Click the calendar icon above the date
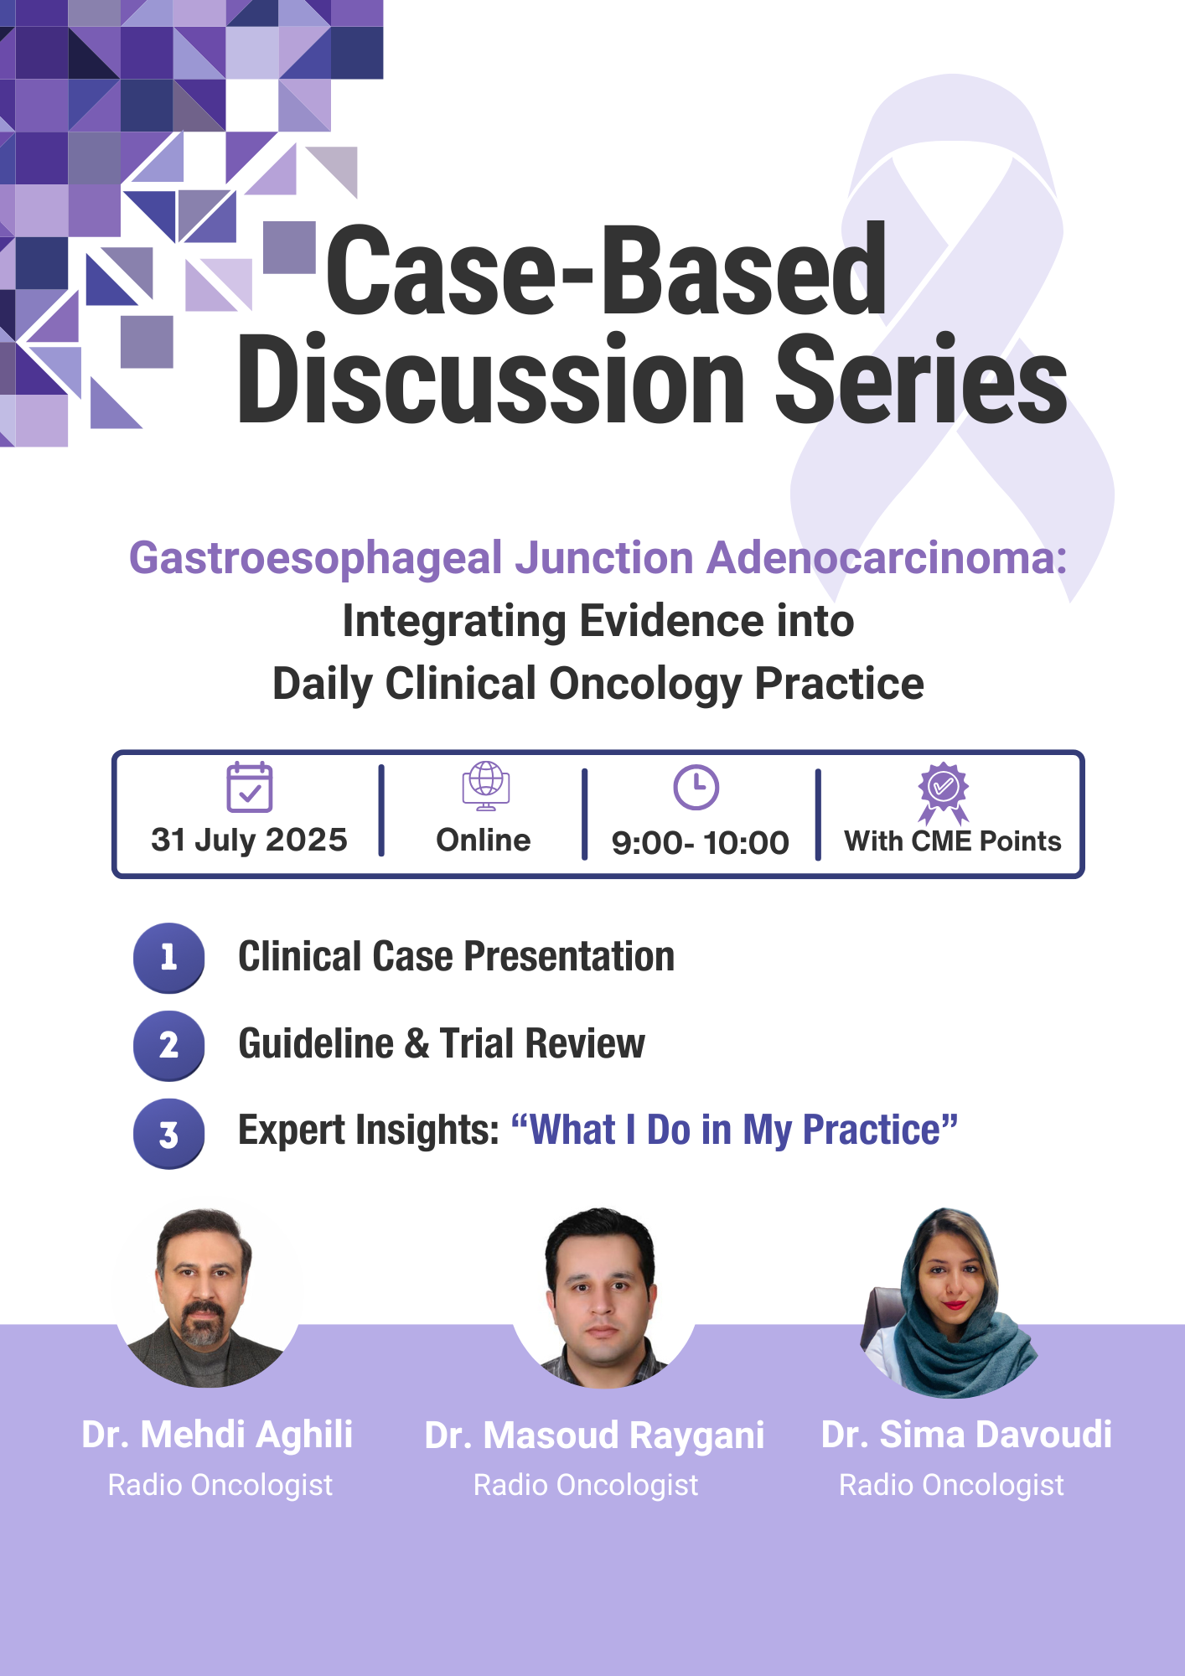[250, 787]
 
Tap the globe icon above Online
[486, 786]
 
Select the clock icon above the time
[696, 787]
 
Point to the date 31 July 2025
[249, 840]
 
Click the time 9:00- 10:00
[701, 843]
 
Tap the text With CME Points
[953, 841]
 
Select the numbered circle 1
[168, 958]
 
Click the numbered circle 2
[168, 1045]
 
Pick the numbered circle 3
[168, 1133]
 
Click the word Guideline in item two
[316, 1043]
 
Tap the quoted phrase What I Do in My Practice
[735, 1130]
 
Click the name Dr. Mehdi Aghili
[217, 1435]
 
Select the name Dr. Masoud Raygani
[594, 1435]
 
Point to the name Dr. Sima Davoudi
[966, 1435]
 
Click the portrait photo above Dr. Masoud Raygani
[603, 1297]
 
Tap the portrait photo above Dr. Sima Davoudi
[950, 1302]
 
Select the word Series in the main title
[921, 379]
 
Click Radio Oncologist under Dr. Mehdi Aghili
[220, 1485]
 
